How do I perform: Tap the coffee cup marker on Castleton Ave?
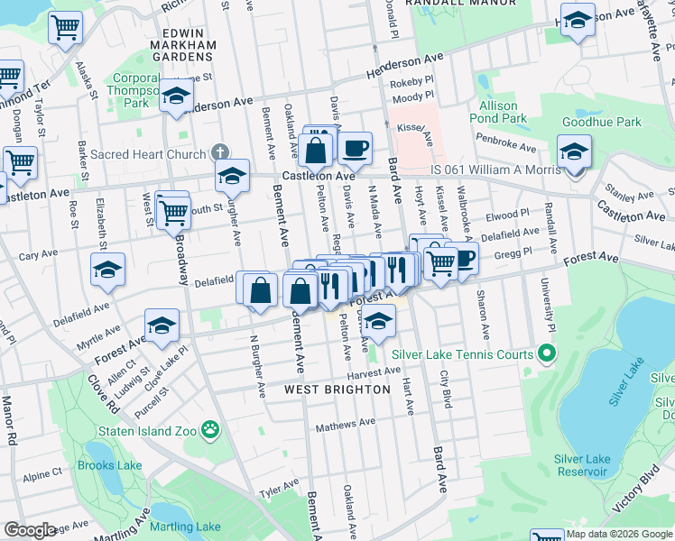pyautogui.click(x=355, y=147)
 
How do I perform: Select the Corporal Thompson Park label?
pyautogui.click(x=133, y=90)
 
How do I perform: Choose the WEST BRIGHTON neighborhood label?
pyautogui.click(x=337, y=390)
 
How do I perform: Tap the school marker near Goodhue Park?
pyautogui.click(x=574, y=151)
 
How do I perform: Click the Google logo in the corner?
pyautogui.click(x=31, y=530)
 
